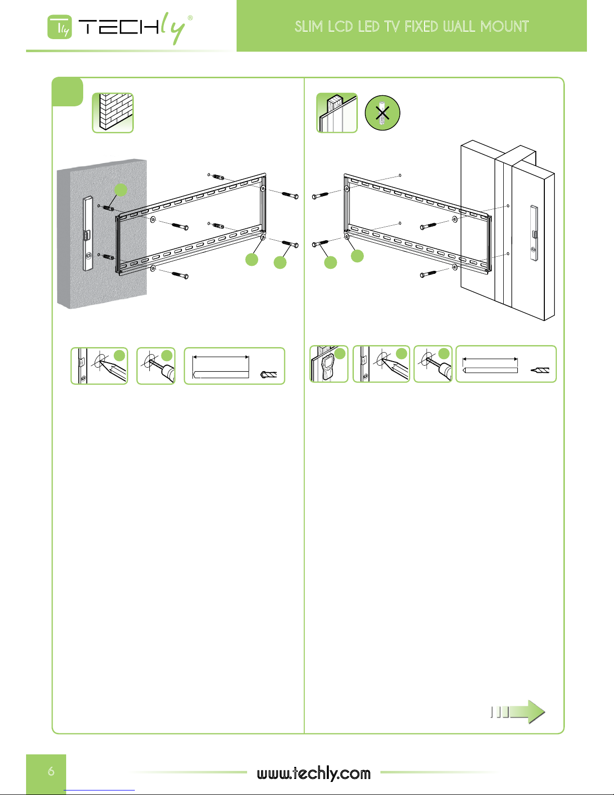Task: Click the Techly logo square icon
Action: click(x=60, y=27)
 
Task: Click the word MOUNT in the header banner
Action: click(x=504, y=27)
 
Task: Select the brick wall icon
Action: click(x=113, y=113)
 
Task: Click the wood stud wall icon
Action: click(x=337, y=113)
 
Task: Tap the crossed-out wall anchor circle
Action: click(x=382, y=113)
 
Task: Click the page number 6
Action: click(x=51, y=771)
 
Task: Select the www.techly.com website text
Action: click(x=314, y=773)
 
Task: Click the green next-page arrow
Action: click(x=518, y=712)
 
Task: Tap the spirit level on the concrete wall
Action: click(x=88, y=234)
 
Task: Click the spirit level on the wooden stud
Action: click(x=534, y=233)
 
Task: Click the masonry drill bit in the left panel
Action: click(x=269, y=374)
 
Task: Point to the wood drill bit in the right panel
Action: click(x=540, y=370)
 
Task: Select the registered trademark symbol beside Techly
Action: click(x=190, y=18)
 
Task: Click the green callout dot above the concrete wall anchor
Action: click(x=121, y=190)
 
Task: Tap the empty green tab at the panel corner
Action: click(x=68, y=92)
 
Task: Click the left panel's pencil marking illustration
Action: click(x=99, y=366)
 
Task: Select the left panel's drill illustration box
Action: click(x=156, y=366)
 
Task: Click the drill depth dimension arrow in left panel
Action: click(x=221, y=357)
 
